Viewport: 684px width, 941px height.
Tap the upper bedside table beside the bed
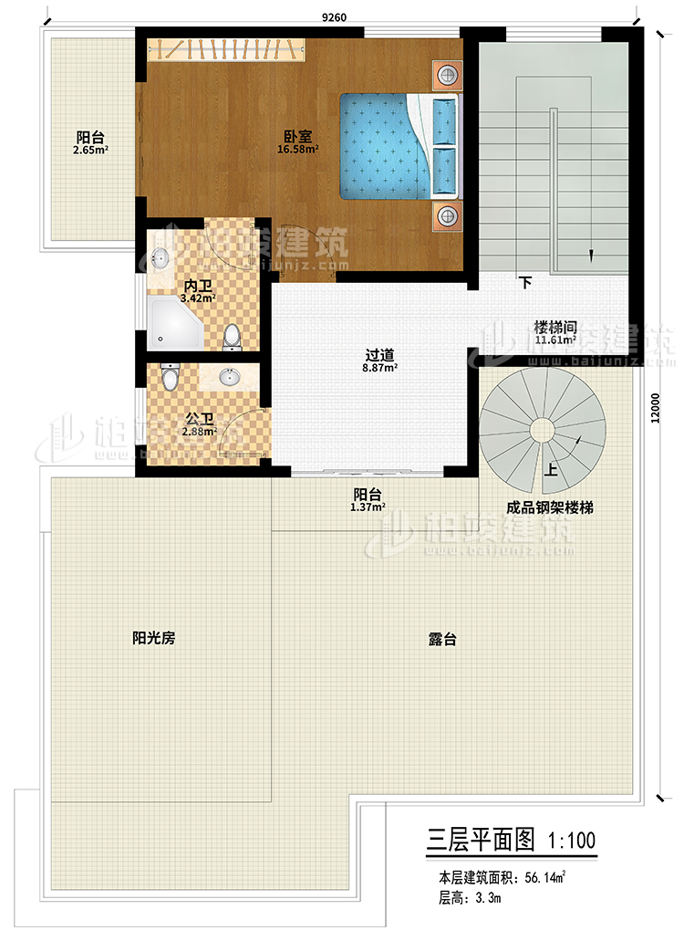(x=446, y=75)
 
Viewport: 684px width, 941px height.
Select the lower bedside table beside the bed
(x=446, y=216)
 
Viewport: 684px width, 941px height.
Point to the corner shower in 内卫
(x=176, y=321)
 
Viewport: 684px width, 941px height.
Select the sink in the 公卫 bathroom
(x=229, y=376)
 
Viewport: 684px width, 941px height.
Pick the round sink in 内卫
(x=161, y=257)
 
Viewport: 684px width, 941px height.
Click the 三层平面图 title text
(x=480, y=837)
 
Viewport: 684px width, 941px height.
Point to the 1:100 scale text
(x=571, y=837)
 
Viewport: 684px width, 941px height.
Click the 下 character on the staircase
(x=526, y=283)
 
